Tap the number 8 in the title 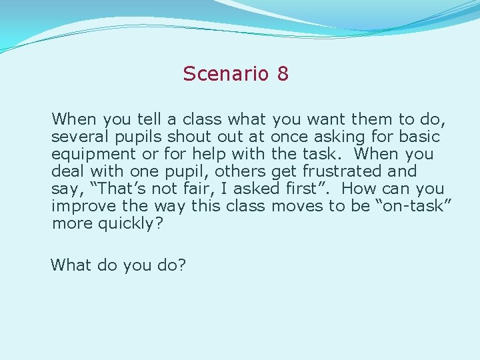(x=283, y=73)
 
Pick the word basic (x=421, y=137)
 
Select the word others (x=238, y=171)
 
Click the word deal (x=67, y=171)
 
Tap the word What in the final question (x=71, y=265)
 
